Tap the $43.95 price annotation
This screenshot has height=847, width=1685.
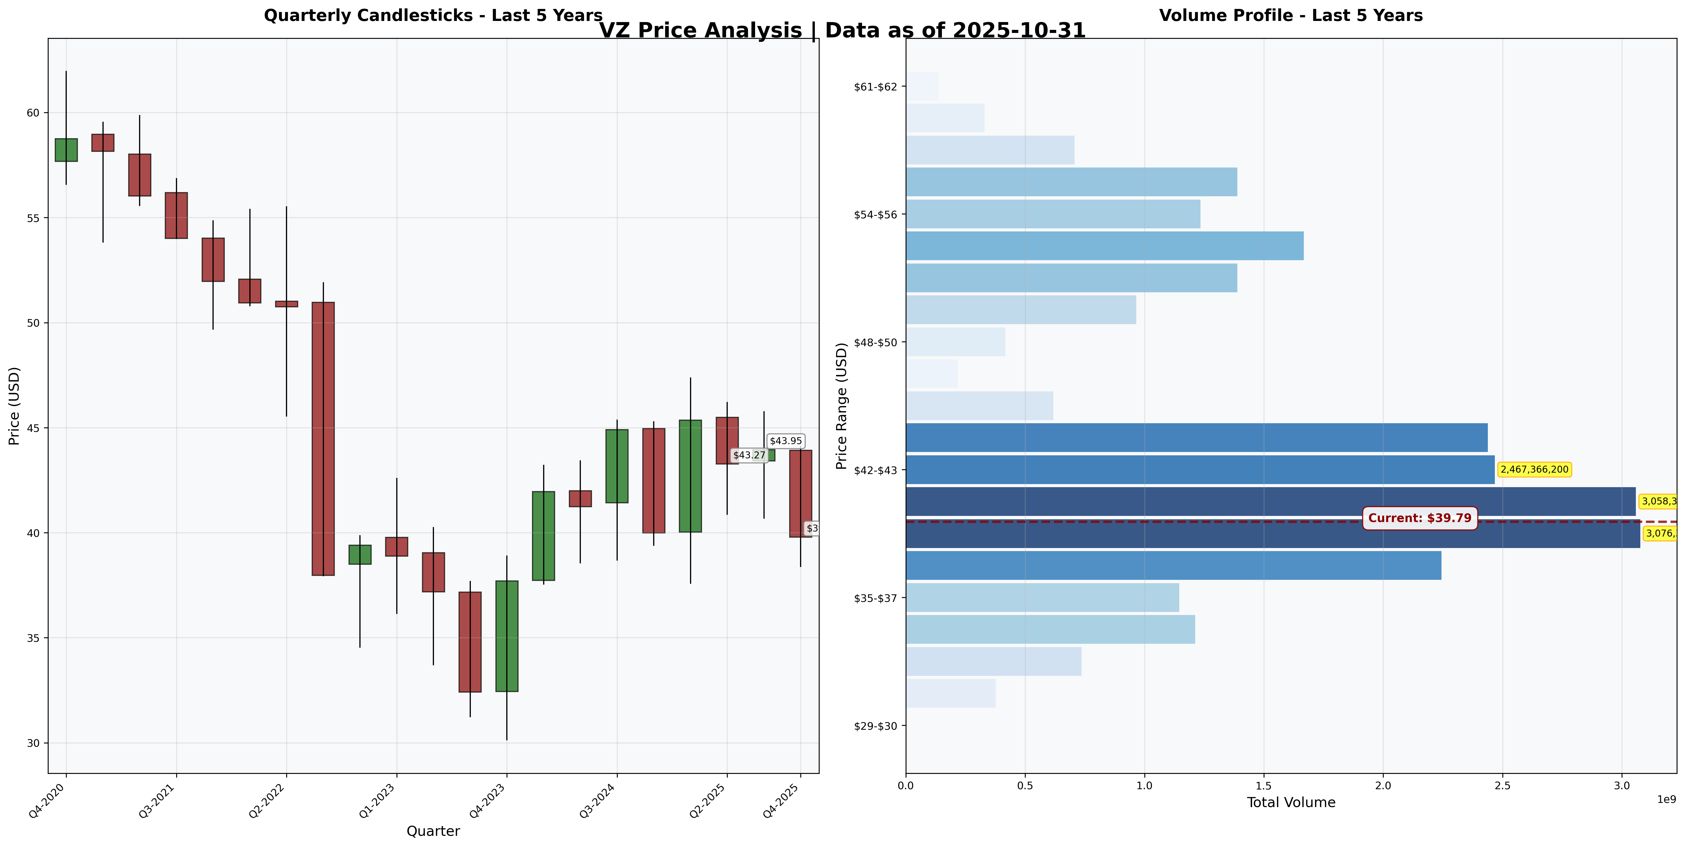(x=786, y=441)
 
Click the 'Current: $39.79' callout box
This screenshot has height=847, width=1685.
(x=1419, y=518)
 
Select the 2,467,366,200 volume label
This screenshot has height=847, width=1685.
(x=1534, y=470)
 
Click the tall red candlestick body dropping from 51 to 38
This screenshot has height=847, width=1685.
(x=323, y=438)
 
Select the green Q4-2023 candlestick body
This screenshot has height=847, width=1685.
(x=507, y=636)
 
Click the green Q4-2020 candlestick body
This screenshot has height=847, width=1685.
(x=66, y=150)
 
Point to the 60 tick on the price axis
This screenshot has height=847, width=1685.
(x=33, y=113)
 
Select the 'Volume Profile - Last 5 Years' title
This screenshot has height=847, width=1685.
(x=1291, y=16)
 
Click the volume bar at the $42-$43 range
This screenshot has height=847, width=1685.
(x=1200, y=470)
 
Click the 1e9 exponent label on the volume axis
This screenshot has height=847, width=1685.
(x=1666, y=799)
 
